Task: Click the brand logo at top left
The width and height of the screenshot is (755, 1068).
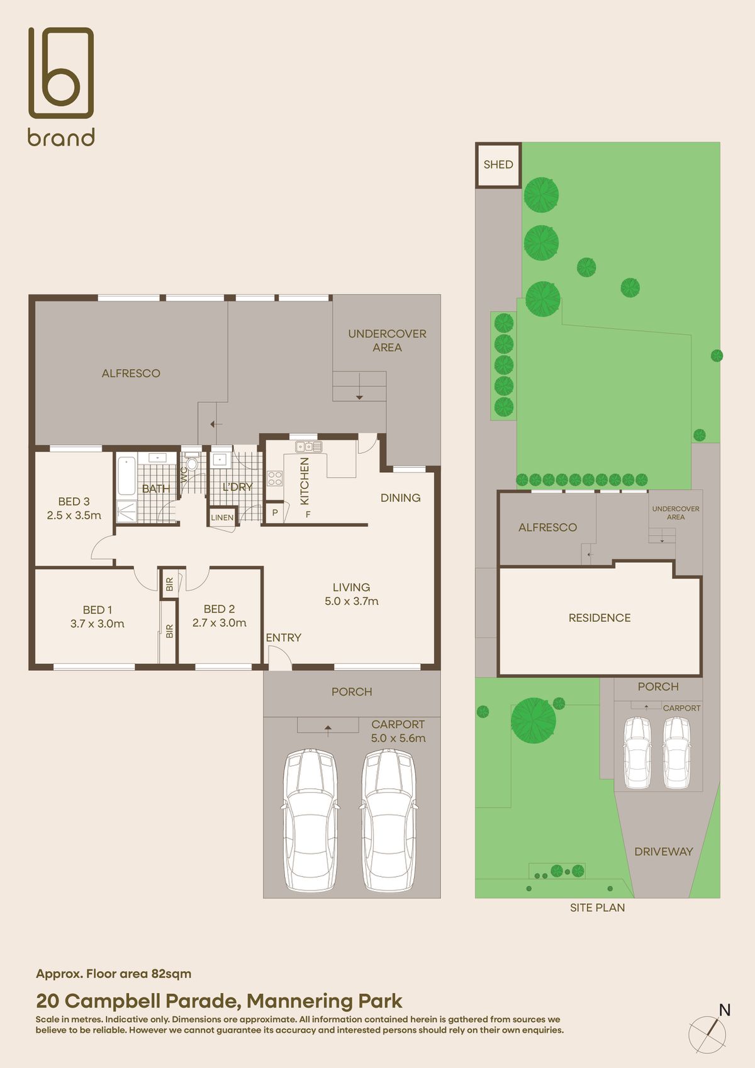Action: tap(61, 86)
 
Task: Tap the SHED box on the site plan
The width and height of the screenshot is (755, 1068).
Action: tap(498, 165)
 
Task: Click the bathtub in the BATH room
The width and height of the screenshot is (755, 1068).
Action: tap(126, 475)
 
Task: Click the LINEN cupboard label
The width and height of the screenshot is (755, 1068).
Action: tap(222, 517)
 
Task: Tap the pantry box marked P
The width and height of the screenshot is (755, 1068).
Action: tap(275, 513)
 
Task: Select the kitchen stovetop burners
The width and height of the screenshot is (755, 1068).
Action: tap(275, 478)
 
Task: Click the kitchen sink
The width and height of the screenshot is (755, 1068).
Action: tap(309, 446)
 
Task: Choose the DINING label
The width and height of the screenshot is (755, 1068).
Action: tap(400, 498)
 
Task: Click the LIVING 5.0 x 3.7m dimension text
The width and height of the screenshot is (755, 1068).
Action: tap(351, 601)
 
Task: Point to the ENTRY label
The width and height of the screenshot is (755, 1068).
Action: tap(283, 638)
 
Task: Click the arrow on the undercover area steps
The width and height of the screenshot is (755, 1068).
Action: tap(359, 396)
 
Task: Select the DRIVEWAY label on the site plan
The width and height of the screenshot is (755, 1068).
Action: tap(663, 852)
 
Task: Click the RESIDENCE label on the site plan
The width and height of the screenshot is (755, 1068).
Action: tap(599, 618)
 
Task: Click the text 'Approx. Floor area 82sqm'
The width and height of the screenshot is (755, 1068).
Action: tap(113, 974)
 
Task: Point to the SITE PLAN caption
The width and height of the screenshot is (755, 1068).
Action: tap(597, 908)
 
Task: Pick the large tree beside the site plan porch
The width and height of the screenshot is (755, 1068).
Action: tap(533, 721)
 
